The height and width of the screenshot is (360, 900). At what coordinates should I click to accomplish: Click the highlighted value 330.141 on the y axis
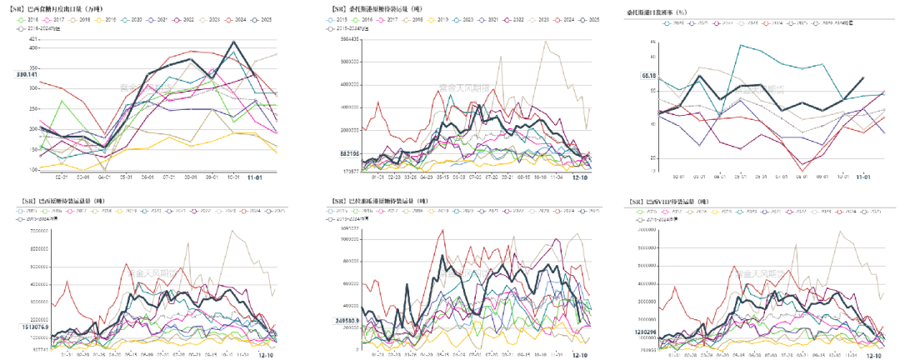(x=27, y=75)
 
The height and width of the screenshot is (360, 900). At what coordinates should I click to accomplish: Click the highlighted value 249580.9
(x=342, y=320)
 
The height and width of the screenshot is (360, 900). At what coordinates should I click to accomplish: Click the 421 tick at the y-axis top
(x=33, y=39)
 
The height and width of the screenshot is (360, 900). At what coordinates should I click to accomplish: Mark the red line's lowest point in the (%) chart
(x=802, y=170)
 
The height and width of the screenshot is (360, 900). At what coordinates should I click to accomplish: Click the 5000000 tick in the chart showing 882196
(x=348, y=62)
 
